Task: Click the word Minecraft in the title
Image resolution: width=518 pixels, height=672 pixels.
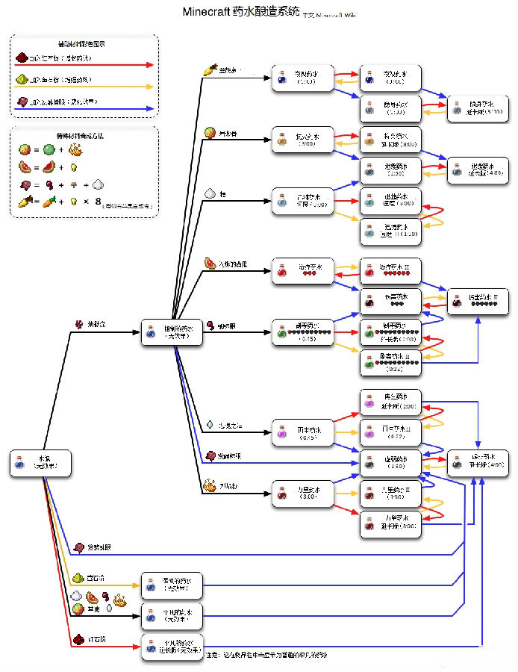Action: click(x=211, y=13)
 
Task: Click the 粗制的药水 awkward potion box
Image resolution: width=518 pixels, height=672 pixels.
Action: click(x=172, y=332)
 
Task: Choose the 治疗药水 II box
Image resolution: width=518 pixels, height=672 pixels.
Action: click(x=390, y=270)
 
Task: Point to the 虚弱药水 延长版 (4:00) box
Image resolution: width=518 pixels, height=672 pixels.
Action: click(x=478, y=463)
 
